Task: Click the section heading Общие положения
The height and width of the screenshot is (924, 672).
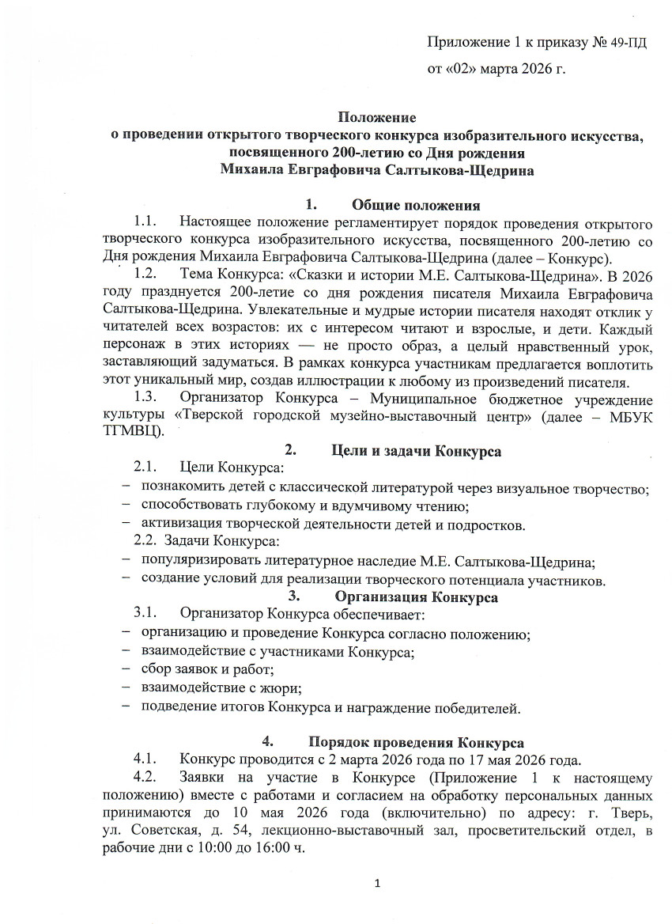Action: (x=416, y=206)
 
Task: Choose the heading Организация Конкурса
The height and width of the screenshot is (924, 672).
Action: (x=416, y=597)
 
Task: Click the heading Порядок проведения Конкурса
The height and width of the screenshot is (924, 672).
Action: (x=416, y=744)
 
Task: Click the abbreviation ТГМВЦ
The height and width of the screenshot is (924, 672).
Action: (x=133, y=431)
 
